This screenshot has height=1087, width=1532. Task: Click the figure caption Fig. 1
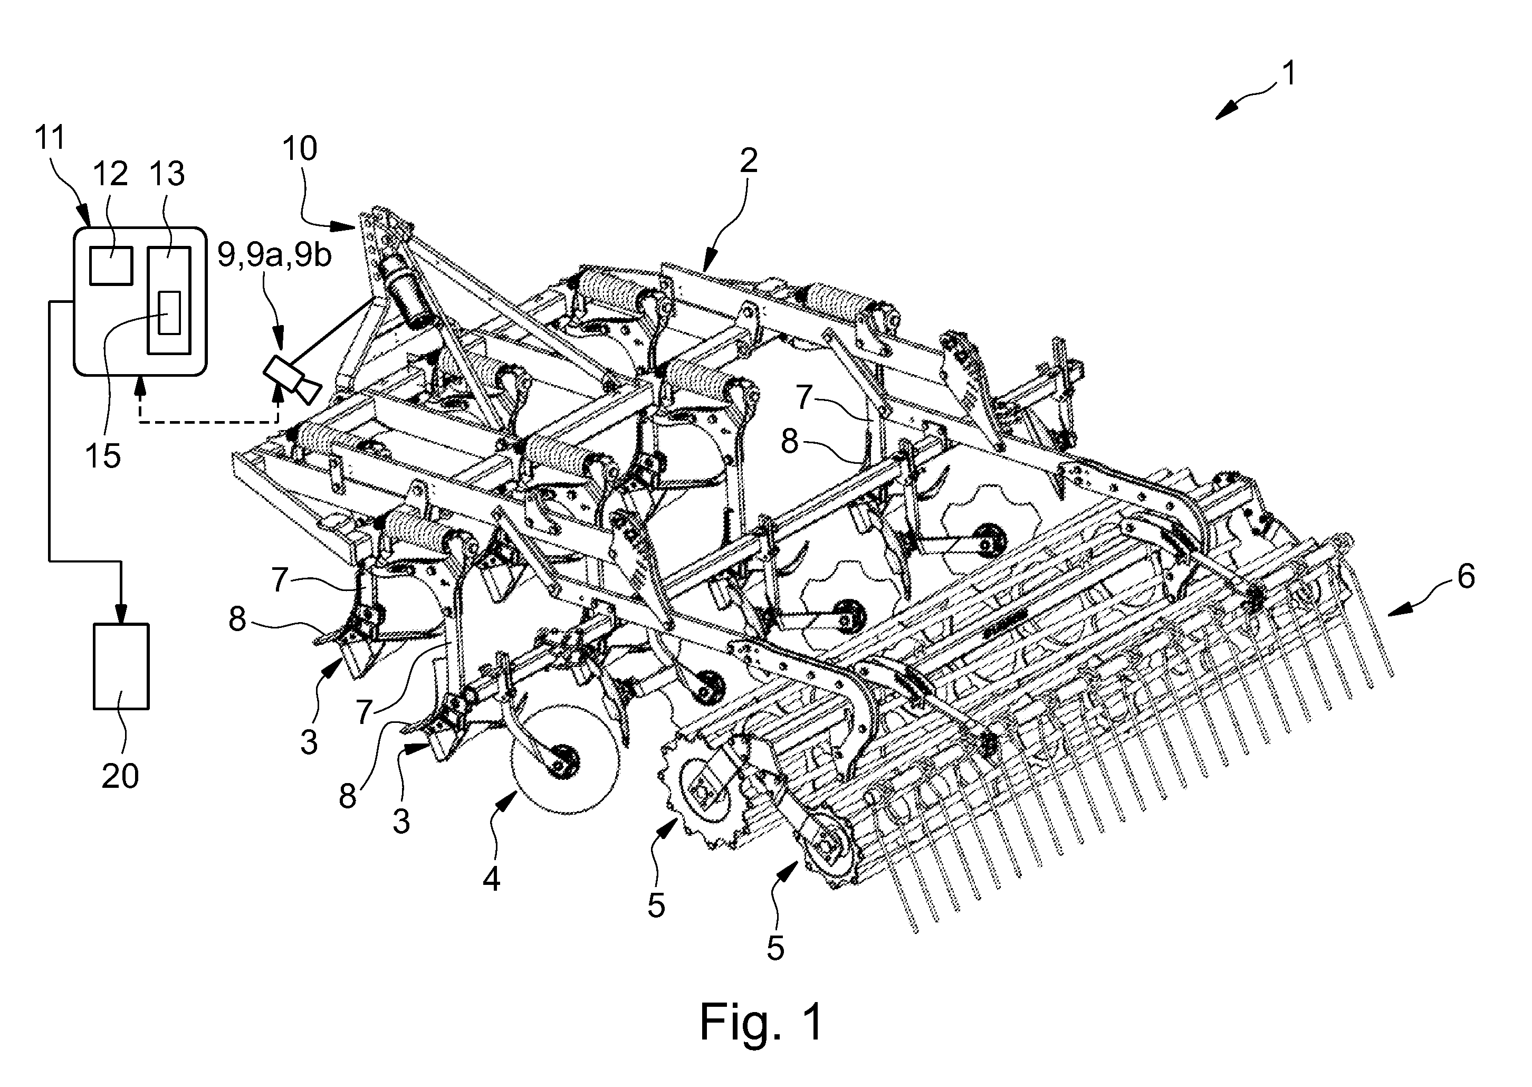[761, 1022]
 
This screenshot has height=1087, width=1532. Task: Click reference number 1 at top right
[1288, 74]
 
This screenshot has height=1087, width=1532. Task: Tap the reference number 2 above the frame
[748, 160]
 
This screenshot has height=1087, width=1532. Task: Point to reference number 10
[300, 149]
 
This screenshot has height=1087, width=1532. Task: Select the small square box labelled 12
[111, 266]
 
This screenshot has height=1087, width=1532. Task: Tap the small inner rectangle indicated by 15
[169, 313]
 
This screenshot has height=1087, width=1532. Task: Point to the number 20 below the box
[120, 776]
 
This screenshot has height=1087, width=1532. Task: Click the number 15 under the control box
[103, 456]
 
